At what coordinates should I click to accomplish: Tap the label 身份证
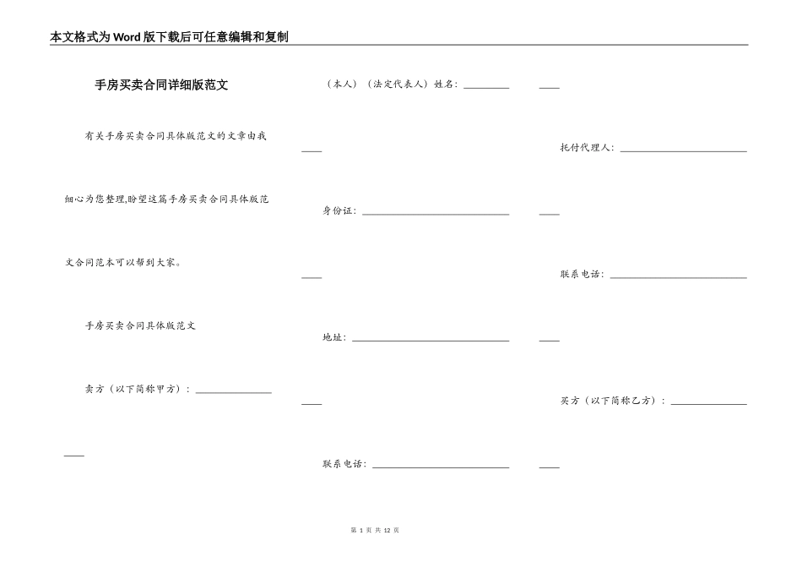click(339, 211)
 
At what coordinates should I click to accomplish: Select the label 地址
click(333, 338)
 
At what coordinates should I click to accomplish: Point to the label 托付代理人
click(587, 148)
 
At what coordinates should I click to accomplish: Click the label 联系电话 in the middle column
click(344, 464)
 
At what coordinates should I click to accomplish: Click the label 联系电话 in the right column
click(582, 275)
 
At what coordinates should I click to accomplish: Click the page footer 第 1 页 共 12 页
click(373, 530)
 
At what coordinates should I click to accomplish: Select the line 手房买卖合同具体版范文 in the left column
click(140, 325)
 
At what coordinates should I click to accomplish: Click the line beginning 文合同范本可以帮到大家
click(123, 262)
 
